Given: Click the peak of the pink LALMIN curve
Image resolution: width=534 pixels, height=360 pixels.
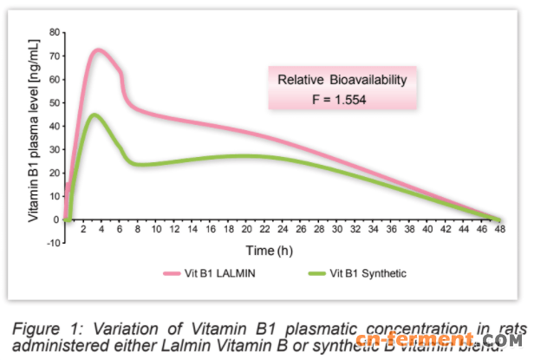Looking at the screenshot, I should pyautogui.click(x=98, y=50).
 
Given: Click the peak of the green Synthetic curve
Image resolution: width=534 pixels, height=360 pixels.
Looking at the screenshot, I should pyautogui.click(x=94, y=115).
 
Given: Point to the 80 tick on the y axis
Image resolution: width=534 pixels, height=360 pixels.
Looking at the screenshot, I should pyautogui.click(x=57, y=32).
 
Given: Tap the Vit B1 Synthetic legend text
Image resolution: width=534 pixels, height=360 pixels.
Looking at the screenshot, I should pyautogui.click(x=365, y=274).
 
